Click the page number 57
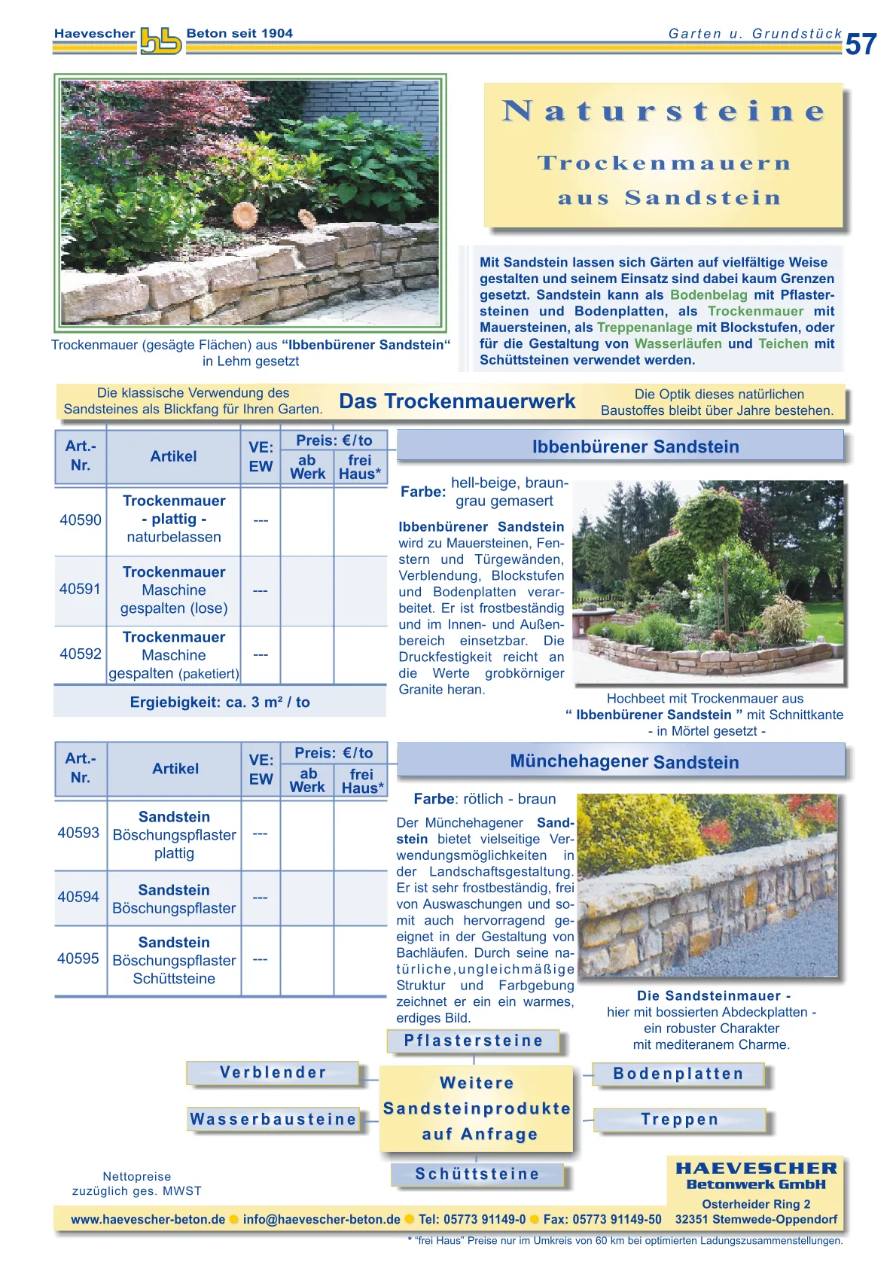coord(861,45)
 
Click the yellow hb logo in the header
coord(160,41)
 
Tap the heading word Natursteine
coord(663,111)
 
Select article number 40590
coord(81,520)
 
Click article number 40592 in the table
coord(81,654)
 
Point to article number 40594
coord(78,898)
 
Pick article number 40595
coord(78,959)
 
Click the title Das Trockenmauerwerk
coord(457,401)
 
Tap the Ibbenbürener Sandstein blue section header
coord(635,447)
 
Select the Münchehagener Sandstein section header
coord(624,762)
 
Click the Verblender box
coord(273,1073)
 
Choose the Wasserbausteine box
coord(273,1120)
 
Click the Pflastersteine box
coord(474,1041)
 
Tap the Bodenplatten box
coord(678,1074)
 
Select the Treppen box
coord(679,1120)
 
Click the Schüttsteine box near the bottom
coord(477,1175)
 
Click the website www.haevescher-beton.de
coord(148,1220)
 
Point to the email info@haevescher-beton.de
coord(322,1220)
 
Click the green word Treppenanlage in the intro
coord(645,328)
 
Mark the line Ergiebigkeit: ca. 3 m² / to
coord(220,703)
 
